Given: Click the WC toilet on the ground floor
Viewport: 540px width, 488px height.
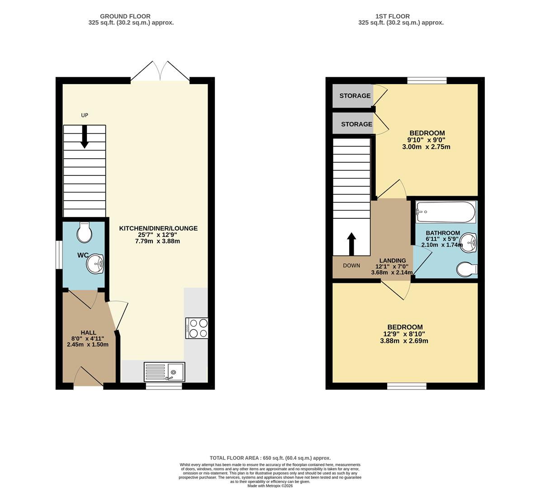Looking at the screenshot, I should pyautogui.click(x=84, y=232).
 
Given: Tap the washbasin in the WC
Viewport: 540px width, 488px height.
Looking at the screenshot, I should pyautogui.click(x=95, y=264).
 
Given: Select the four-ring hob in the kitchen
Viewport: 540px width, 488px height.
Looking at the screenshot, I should pyautogui.click(x=197, y=328).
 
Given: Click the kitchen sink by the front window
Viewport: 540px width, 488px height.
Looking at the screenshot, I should pyautogui.click(x=164, y=372).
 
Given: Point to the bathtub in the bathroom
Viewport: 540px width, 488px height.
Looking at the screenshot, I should pyautogui.click(x=445, y=212).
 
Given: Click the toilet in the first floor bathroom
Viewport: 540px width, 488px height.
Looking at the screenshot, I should pyautogui.click(x=467, y=270).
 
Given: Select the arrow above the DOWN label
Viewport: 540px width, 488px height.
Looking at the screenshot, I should pyautogui.click(x=351, y=243).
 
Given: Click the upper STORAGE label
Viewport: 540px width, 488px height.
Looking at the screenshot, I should pyautogui.click(x=355, y=96).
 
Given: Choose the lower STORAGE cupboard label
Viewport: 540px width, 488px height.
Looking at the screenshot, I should pyautogui.click(x=356, y=124).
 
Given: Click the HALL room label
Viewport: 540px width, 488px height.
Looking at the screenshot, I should pyautogui.click(x=88, y=333).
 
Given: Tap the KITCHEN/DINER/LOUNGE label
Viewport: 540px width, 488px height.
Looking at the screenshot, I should pyautogui.click(x=158, y=228).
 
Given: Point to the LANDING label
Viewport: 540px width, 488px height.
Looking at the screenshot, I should pyautogui.click(x=392, y=261).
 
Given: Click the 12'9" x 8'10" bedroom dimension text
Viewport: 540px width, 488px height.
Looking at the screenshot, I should pyautogui.click(x=405, y=334).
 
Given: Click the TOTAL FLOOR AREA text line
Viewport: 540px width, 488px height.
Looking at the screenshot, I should pyautogui.click(x=270, y=458).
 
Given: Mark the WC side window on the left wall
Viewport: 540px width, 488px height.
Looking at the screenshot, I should pyautogui.click(x=59, y=255).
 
